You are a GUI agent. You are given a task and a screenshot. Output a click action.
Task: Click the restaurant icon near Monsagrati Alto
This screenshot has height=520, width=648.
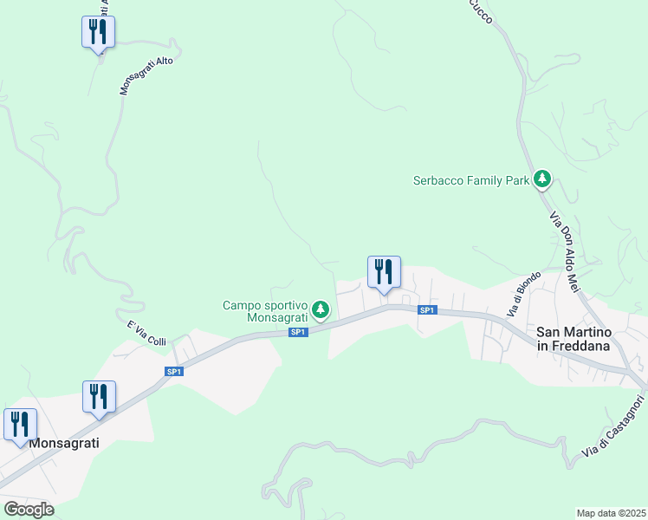(99, 32)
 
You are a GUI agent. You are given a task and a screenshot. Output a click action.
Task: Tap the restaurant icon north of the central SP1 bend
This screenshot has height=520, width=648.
(384, 272)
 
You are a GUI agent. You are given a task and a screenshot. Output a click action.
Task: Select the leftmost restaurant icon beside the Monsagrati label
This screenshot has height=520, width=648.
(20, 425)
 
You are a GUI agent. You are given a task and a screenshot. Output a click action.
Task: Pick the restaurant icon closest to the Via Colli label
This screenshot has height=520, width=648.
(99, 397)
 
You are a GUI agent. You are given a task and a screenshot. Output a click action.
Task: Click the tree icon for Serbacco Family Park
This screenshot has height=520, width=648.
(542, 179)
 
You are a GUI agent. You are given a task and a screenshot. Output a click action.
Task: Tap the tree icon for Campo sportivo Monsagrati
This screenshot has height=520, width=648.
(321, 309)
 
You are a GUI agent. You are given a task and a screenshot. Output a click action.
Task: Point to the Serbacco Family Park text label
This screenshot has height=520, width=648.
(470, 181)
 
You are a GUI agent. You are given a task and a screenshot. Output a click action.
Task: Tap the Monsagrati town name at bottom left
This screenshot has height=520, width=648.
(64, 443)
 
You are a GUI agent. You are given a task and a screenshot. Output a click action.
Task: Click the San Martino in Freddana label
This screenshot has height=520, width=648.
(574, 339)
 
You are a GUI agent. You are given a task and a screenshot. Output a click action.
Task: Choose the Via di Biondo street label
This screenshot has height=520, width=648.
(525, 293)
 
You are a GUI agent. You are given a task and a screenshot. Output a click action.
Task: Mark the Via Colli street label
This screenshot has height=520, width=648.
(146, 333)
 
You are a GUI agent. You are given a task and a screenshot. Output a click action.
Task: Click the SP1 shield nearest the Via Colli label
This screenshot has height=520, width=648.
(174, 372)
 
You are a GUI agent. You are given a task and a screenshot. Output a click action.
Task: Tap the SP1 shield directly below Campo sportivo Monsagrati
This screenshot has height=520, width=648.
(297, 332)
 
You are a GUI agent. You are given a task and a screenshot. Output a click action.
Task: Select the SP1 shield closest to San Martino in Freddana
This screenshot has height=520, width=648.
(426, 310)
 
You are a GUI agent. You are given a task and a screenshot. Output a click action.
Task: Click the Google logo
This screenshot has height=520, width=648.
(29, 510)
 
